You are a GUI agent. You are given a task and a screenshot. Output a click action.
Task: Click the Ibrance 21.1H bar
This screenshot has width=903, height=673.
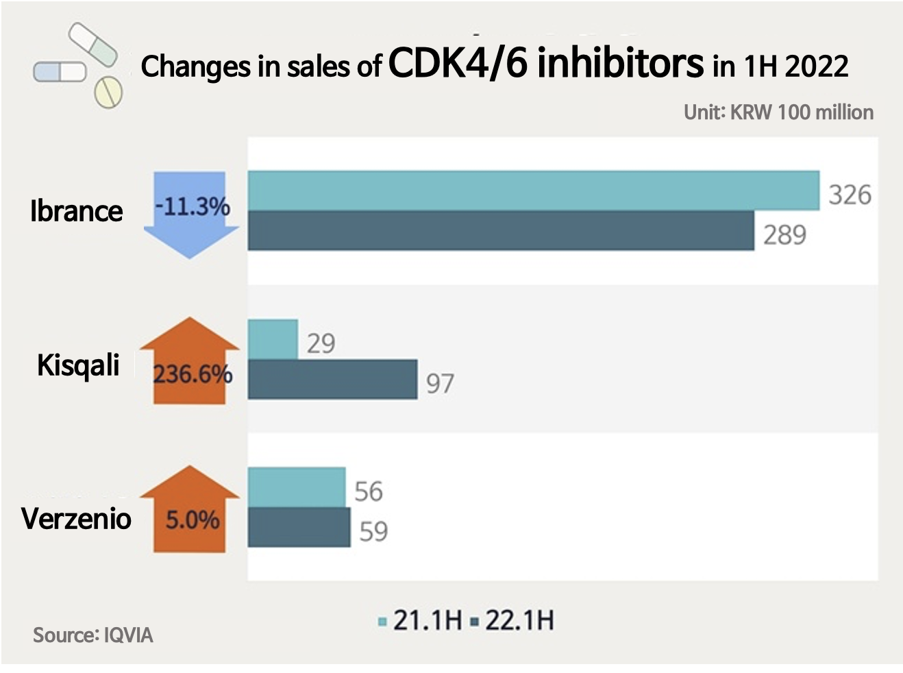point(533,191)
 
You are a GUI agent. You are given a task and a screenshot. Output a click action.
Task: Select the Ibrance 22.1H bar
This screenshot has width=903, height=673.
point(500,231)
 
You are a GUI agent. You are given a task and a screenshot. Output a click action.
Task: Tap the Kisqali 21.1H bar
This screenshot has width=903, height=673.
point(273,339)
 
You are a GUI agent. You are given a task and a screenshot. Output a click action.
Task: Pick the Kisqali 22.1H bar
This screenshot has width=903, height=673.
point(332,379)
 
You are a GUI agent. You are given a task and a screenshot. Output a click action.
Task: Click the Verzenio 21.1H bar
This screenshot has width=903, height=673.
point(296,487)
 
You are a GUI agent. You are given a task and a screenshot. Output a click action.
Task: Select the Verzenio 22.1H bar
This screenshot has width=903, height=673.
point(299,527)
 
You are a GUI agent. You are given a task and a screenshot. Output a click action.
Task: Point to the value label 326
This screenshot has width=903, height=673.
point(850,195)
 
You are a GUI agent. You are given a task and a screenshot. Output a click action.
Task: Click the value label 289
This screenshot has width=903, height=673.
point(784,235)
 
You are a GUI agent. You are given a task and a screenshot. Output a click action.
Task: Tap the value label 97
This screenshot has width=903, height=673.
point(440,383)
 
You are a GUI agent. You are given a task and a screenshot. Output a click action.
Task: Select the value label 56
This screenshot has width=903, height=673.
point(369,491)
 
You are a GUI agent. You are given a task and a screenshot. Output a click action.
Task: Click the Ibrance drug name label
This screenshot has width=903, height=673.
point(76,211)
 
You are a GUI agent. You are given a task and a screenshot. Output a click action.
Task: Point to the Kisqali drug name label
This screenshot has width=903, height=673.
point(78,365)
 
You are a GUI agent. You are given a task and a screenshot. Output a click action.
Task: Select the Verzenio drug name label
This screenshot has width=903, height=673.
point(76,518)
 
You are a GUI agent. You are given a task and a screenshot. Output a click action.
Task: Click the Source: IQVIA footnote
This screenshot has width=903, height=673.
point(93,635)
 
